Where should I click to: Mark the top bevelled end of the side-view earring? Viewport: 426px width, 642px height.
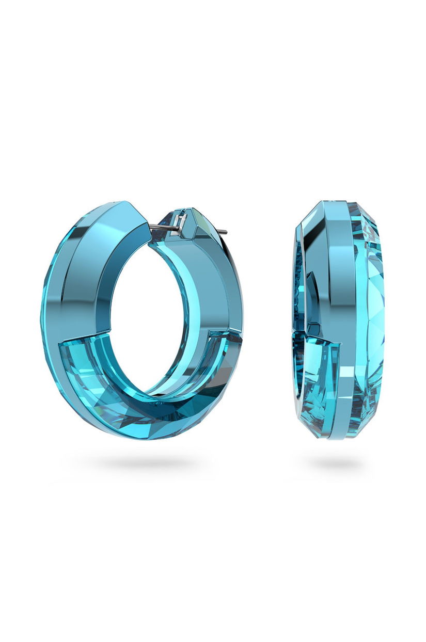(338, 205)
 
